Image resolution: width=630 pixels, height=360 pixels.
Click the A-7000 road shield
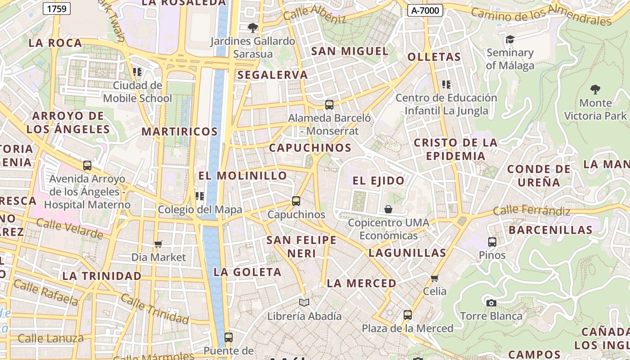click(x=425, y=10)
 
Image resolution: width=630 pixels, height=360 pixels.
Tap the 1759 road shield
click(x=57, y=8)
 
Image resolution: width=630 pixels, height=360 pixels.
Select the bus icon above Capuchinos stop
click(x=296, y=201)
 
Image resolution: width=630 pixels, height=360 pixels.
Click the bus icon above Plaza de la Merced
click(x=408, y=315)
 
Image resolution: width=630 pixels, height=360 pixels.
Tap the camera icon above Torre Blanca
click(x=491, y=303)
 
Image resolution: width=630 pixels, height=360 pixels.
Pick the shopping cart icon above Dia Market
click(x=158, y=244)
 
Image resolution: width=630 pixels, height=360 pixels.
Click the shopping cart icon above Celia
click(x=435, y=278)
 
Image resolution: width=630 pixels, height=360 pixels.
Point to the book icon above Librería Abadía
click(x=304, y=303)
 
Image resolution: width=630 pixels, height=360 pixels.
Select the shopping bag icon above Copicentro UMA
click(x=388, y=209)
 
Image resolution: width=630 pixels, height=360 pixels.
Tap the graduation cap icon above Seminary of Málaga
click(x=510, y=40)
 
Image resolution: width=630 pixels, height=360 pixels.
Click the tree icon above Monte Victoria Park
click(x=595, y=90)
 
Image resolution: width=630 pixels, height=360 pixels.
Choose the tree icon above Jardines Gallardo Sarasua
click(x=253, y=28)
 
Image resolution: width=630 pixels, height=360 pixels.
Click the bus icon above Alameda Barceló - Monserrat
click(x=329, y=105)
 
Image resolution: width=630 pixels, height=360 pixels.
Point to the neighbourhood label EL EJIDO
click(x=378, y=181)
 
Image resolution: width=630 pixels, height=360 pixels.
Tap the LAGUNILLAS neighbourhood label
click(x=407, y=253)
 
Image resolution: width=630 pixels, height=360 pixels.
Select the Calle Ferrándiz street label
click(x=531, y=210)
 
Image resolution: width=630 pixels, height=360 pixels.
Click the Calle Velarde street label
click(x=69, y=229)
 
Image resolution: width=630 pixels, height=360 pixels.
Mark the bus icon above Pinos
click(x=492, y=242)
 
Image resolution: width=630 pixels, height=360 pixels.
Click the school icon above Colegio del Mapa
click(x=200, y=196)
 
